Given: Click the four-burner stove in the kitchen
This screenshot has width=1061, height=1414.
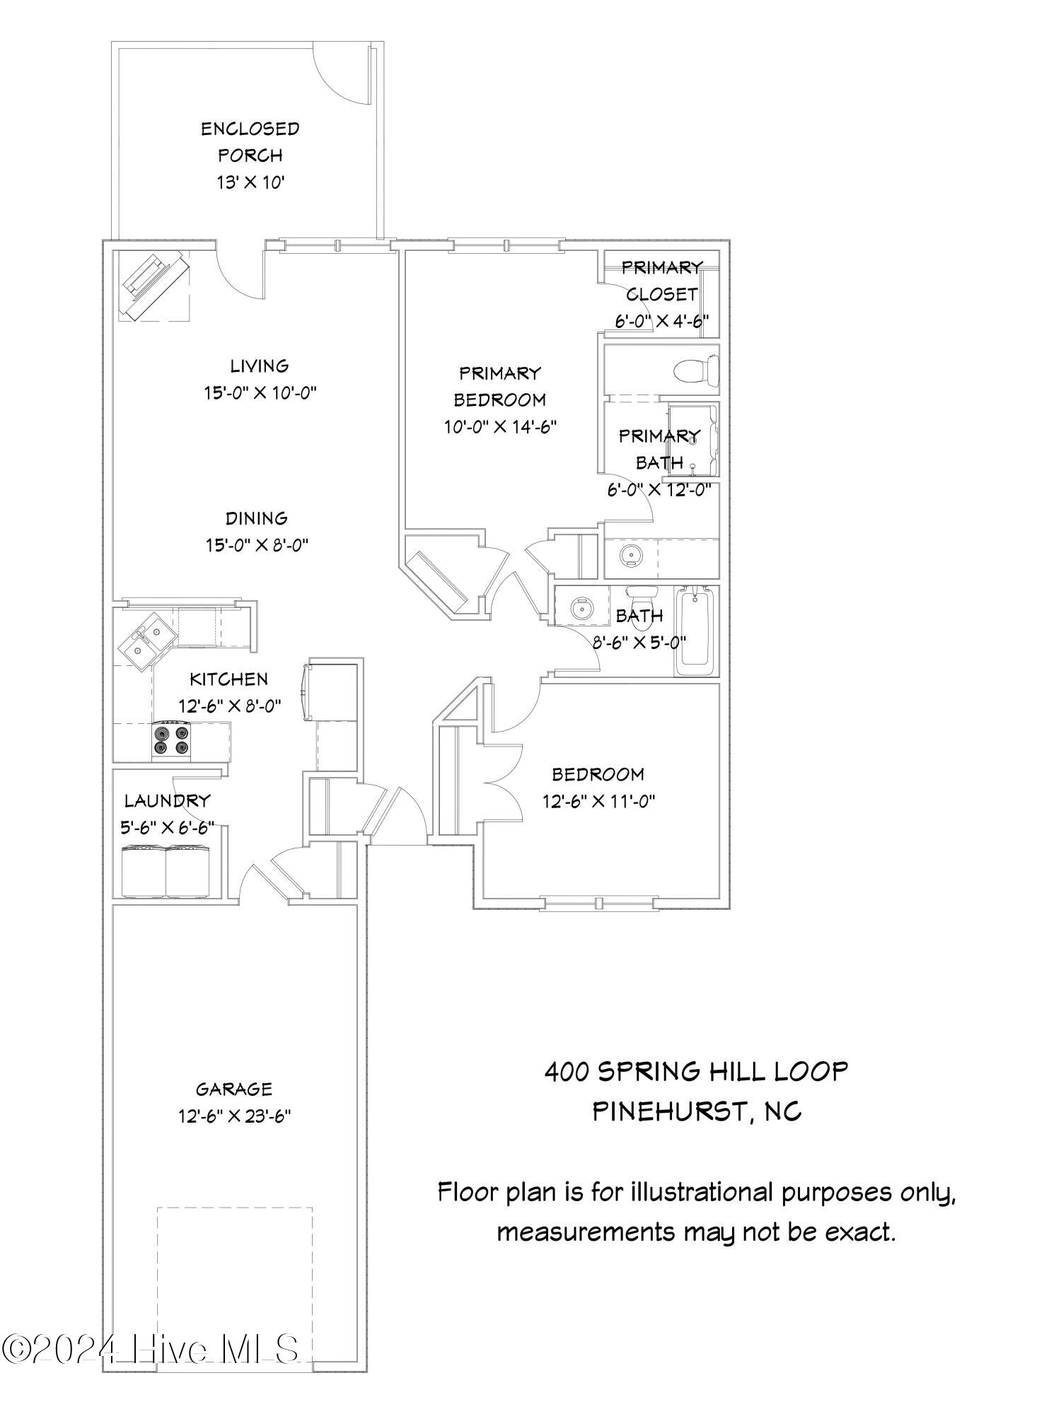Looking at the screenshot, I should coord(172,740).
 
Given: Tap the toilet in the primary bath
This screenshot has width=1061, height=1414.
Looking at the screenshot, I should coord(697,370).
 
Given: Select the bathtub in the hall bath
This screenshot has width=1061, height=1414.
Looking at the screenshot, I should coord(696,631).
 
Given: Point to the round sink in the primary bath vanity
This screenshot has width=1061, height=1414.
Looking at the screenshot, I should coord(630,556).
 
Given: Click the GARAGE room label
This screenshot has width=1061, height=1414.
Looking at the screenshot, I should coord(234,1089).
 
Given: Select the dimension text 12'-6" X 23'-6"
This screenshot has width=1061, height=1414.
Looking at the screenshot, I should coord(235,1116).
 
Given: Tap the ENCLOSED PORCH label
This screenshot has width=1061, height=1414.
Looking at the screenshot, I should coord(250,141).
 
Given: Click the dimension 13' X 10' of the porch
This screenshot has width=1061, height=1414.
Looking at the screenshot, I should coord(250,182).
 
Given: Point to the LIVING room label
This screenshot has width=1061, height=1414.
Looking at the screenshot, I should coord(260,366).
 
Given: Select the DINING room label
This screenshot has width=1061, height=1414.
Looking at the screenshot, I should coord(257,518).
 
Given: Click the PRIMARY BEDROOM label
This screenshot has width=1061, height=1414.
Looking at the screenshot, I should coord(499,386).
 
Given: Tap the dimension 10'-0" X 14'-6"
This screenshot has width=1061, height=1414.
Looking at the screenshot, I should coord(499,426).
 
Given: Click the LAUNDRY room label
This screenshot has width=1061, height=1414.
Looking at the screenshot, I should coord(168,800).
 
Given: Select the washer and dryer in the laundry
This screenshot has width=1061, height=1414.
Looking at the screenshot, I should coord(166,872).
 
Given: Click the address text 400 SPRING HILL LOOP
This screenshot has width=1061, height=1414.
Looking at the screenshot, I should coord(696,1072).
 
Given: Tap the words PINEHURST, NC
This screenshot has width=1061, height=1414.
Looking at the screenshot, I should coord(696,1112).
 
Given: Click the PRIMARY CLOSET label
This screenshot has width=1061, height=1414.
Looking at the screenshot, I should coord(661,281).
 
